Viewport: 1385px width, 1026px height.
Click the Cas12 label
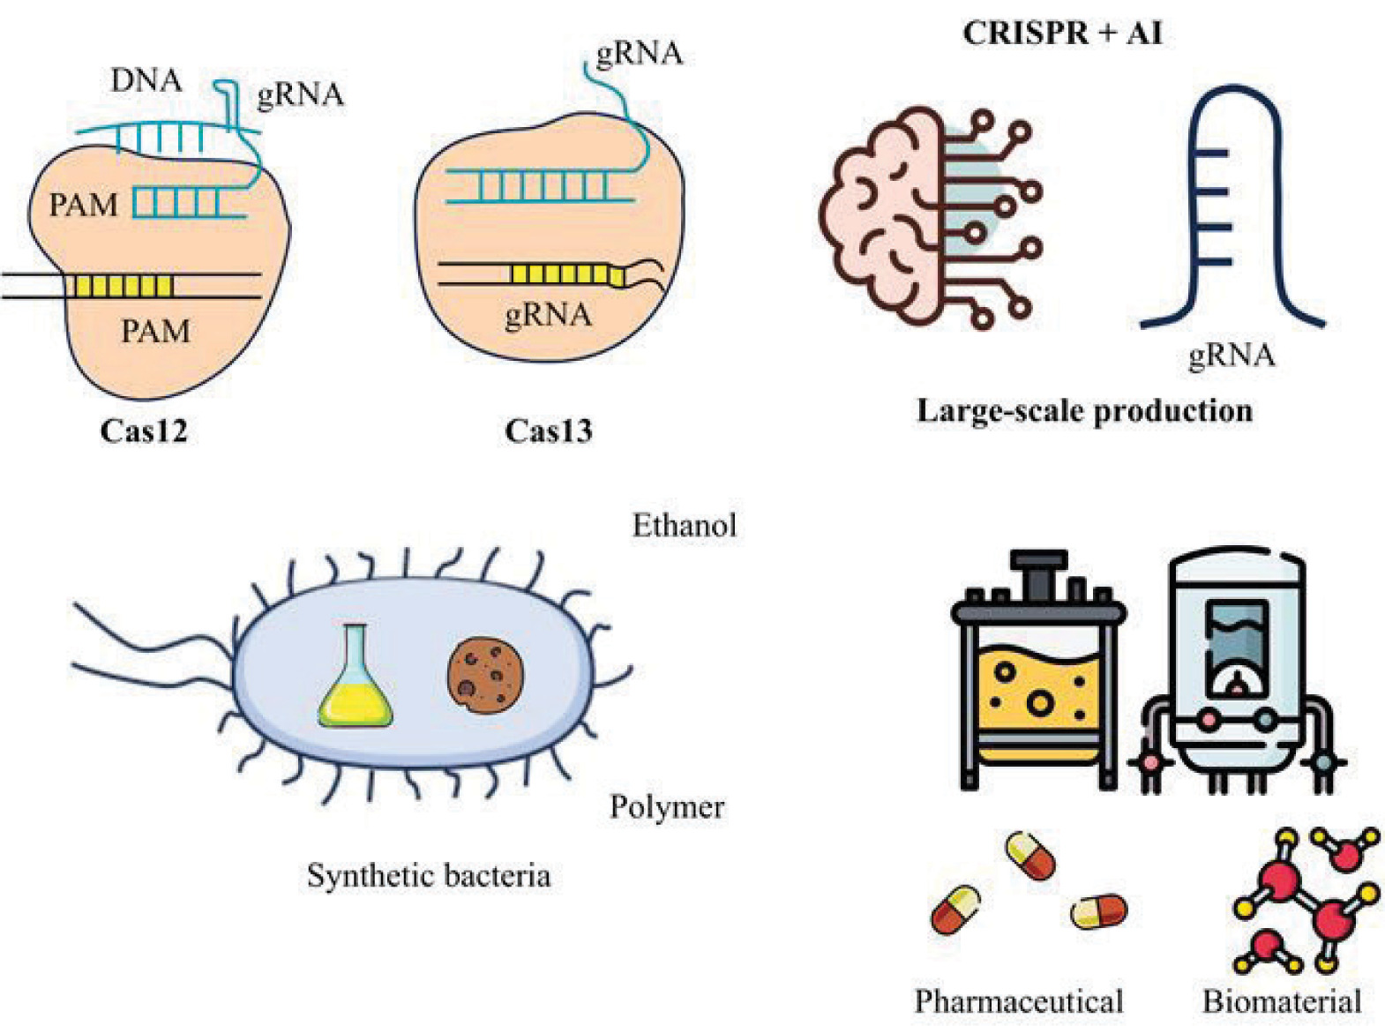pos(144,431)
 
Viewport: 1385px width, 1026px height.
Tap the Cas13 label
pos(548,431)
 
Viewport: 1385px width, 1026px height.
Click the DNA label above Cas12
pos(146,80)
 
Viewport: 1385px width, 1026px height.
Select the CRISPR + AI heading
pos(1062,34)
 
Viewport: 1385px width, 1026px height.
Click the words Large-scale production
pos(1084,410)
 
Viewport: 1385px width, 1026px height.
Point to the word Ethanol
pos(685,526)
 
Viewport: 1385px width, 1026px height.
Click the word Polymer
pos(667,806)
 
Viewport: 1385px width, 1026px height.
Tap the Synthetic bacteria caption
pos(429,875)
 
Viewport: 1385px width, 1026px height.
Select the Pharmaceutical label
pos(1019,1001)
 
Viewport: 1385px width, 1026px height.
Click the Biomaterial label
pos(1282,1001)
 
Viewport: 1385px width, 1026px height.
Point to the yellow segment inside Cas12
pos(123,286)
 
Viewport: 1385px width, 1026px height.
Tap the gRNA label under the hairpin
pos(1232,356)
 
